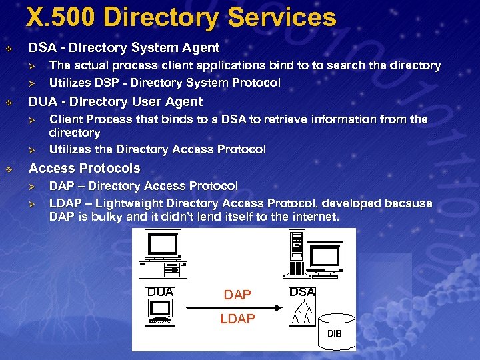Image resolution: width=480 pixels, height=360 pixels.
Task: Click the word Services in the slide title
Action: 282,17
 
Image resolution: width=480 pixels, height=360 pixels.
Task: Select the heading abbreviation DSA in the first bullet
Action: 41,48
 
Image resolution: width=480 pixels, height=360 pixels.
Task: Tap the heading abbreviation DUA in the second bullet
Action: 42,102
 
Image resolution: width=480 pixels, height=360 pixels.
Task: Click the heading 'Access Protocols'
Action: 85,168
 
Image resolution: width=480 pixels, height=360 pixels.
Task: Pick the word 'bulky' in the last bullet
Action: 107,217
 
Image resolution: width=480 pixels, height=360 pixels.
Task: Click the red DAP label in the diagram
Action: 237,295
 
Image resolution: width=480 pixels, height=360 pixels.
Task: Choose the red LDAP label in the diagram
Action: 237,319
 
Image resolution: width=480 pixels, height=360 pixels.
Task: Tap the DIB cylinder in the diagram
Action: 334,331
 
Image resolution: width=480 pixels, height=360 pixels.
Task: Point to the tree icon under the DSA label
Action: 303,311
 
